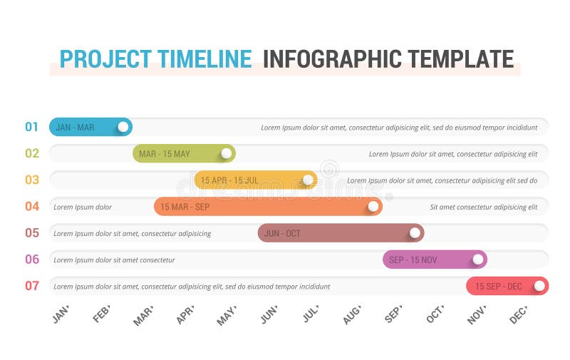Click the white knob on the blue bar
click(123, 127)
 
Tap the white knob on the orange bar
click(373, 207)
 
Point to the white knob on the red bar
click(539, 286)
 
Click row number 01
click(32, 127)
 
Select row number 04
click(32, 207)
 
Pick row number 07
click(32, 286)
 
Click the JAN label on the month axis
click(61, 314)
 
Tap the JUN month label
click(269, 314)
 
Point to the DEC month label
click(518, 314)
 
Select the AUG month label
click(352, 314)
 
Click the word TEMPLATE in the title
click(455, 58)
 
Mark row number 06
click(32, 259)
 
